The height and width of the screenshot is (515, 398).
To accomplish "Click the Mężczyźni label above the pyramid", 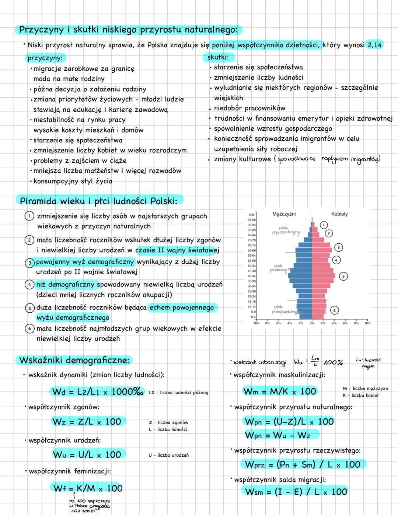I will (283, 214).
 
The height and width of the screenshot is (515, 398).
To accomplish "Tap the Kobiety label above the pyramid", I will (339, 214).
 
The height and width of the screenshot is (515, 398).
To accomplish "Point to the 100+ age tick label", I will (252, 214).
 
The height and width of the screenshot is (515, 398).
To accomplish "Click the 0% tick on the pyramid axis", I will (312, 323).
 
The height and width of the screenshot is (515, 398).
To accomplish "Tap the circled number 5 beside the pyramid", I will (343, 276).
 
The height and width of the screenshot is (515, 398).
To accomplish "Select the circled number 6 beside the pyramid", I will (334, 310).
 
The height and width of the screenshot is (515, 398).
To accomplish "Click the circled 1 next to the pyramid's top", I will (323, 225).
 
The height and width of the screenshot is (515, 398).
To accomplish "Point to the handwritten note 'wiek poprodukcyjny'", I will (286, 230).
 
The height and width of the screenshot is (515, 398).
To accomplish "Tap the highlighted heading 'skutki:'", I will (218, 57).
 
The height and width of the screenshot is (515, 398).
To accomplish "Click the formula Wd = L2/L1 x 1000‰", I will (98, 392).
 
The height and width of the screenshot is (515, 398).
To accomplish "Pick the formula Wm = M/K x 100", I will (280, 391).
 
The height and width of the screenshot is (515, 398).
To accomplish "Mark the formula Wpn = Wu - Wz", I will (277, 435).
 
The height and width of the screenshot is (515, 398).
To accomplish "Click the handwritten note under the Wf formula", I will (89, 505).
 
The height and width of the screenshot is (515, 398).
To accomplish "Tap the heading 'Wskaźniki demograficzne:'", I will (74, 360).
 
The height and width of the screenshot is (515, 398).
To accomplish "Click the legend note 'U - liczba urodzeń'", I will (168, 455).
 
